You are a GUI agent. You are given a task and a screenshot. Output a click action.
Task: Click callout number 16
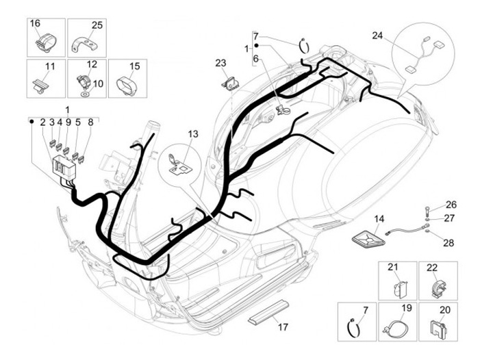coord(35,25)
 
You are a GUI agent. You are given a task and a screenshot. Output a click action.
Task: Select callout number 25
coord(97,25)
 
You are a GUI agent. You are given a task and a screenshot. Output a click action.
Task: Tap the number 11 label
coord(49,66)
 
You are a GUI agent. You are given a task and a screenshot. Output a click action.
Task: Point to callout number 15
coord(134,66)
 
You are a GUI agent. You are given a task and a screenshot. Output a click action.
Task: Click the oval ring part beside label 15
coord(125,85)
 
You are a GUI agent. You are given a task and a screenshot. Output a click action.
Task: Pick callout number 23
coord(220,63)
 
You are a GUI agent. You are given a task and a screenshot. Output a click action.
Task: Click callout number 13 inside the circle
coord(192,133)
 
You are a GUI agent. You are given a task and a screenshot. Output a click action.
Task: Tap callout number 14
coord(379,219)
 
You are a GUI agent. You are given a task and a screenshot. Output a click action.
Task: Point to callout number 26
coord(451,205)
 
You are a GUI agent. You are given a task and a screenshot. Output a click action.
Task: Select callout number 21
coord(393,267)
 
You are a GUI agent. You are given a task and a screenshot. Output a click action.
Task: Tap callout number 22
coord(432,267)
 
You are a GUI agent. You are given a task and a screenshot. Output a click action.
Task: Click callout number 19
coord(407,309)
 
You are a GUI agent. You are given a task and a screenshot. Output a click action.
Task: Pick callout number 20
coord(445,309)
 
